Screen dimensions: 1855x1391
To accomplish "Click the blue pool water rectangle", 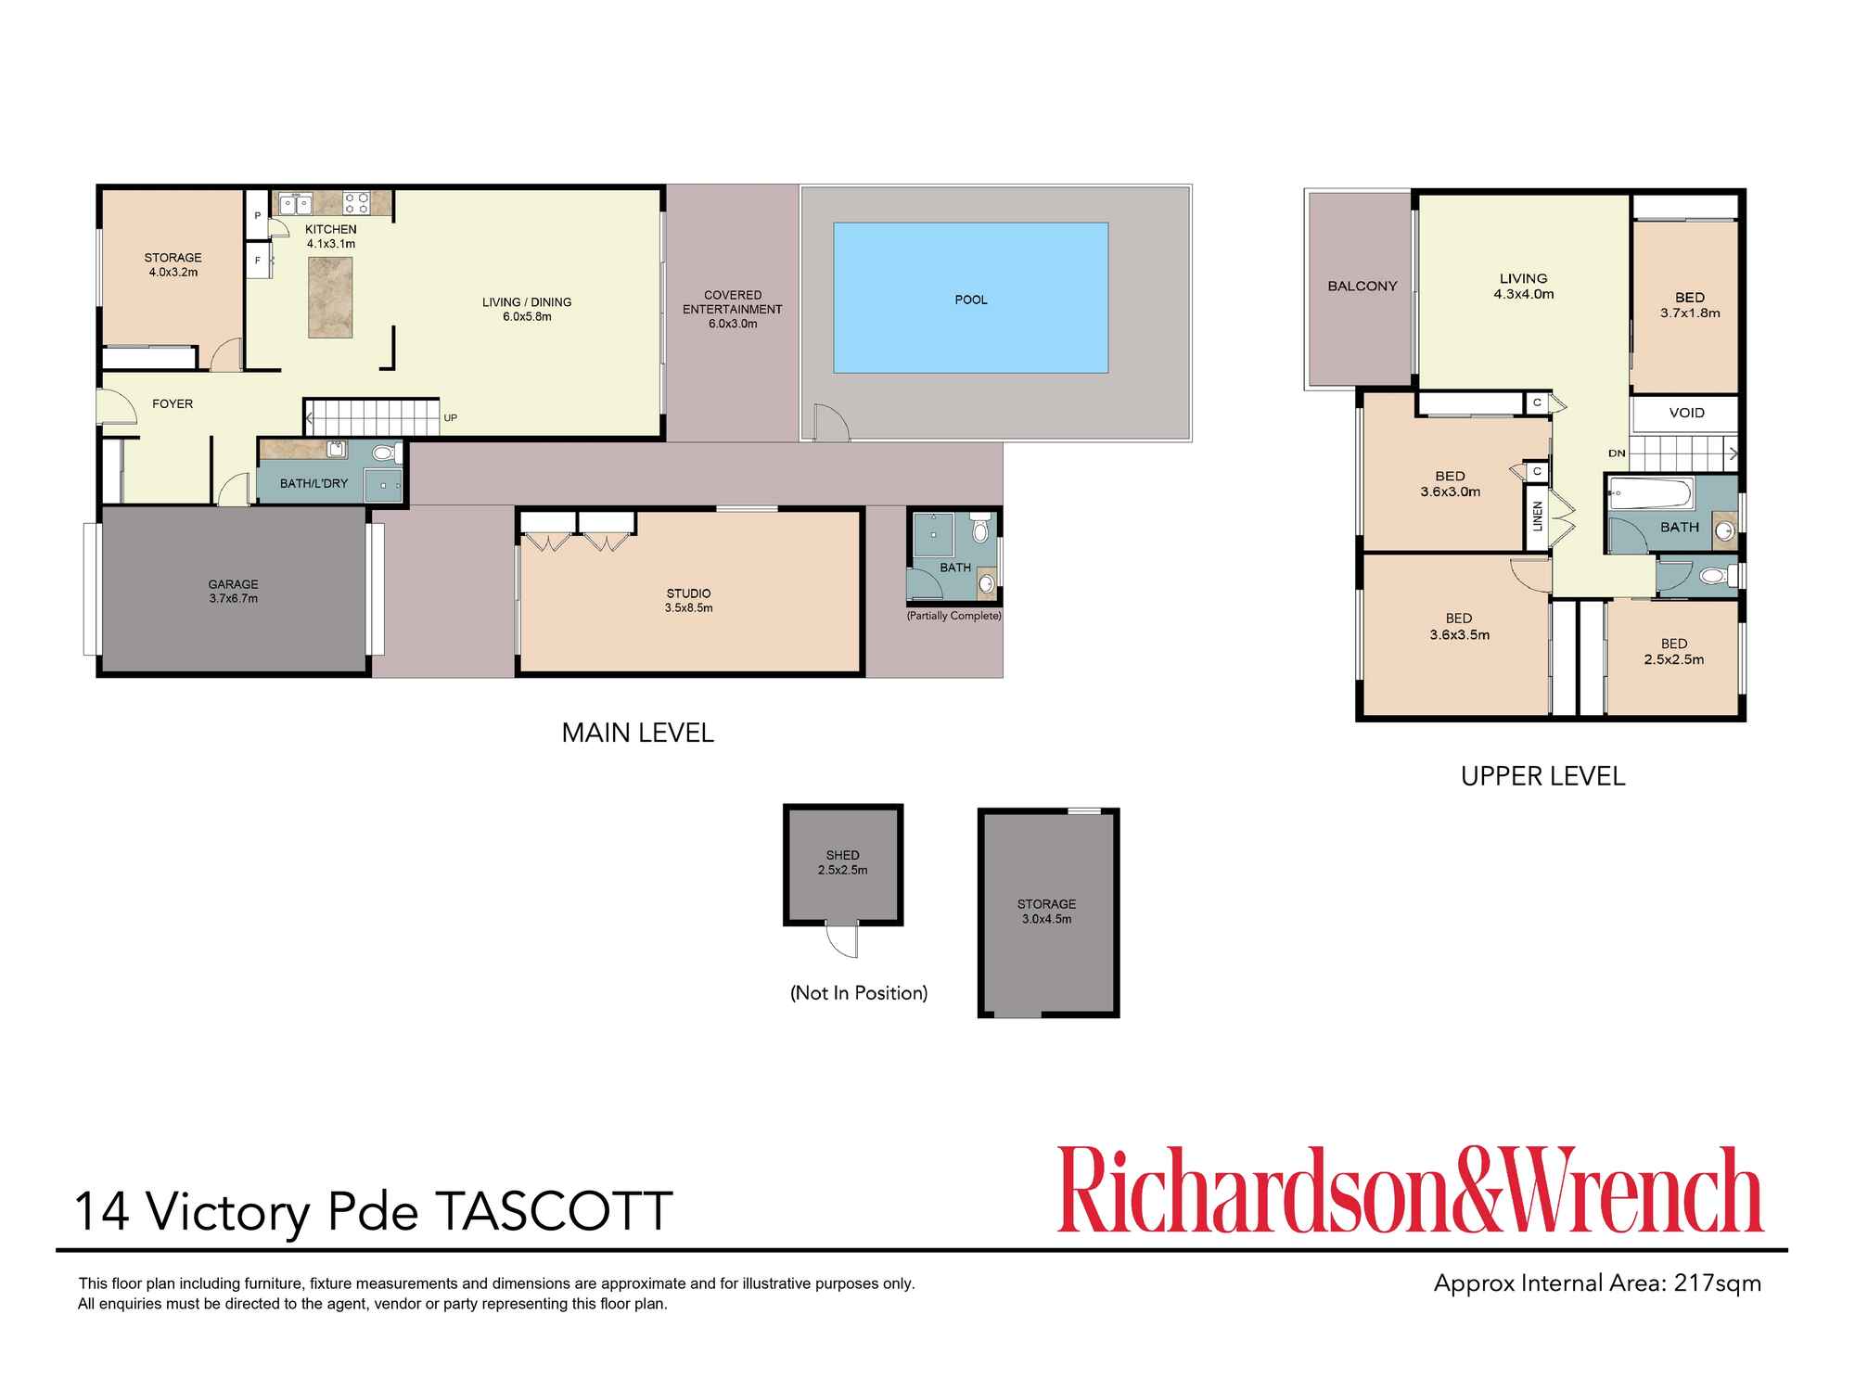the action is point(970,298).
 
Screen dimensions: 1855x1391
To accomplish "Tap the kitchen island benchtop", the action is point(330,297).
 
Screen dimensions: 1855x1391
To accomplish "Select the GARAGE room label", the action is point(233,584).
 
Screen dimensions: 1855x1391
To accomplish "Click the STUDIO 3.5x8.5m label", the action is point(688,601).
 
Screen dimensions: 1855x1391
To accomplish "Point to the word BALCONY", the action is point(1362,287).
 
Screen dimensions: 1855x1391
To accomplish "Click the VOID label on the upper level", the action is point(1686,413).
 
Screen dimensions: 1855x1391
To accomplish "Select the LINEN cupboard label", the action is point(1537,517).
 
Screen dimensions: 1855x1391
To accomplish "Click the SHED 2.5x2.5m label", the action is point(842,862).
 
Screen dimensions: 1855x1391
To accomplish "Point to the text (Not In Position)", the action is point(859,993).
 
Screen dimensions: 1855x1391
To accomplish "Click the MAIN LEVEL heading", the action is point(637,733).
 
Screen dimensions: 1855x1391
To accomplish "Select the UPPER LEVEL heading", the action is point(1542,776).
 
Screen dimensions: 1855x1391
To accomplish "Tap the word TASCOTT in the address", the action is point(554,1210).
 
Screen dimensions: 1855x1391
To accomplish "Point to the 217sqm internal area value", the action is point(1717,1283).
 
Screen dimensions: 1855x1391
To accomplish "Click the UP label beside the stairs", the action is point(450,418).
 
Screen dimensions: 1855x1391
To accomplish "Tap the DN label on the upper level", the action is point(1617,453).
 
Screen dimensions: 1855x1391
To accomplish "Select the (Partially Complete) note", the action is point(953,616).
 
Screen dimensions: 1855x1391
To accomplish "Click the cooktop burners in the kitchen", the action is point(357,203).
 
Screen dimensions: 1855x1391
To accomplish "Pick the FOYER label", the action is point(173,404).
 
